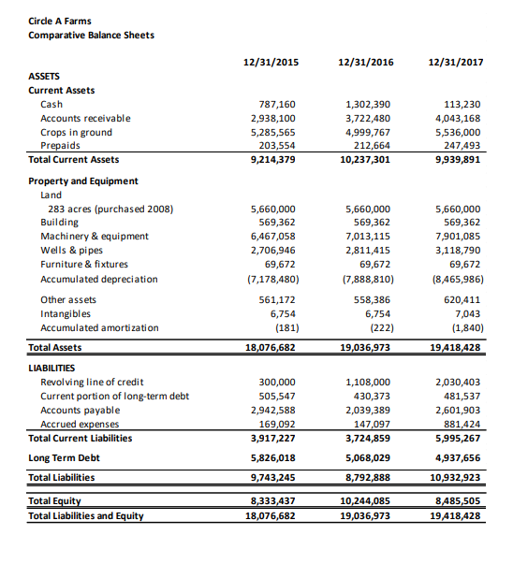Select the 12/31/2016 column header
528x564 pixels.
click(x=364, y=63)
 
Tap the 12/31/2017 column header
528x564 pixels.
click(x=454, y=63)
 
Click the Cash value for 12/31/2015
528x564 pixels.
click(x=276, y=105)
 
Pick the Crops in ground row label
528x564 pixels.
click(x=77, y=132)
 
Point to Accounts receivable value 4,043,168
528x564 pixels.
click(x=458, y=118)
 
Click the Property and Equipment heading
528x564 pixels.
click(x=83, y=181)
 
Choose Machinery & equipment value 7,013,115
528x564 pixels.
click(x=368, y=237)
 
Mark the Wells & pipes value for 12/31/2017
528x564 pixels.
click(x=458, y=251)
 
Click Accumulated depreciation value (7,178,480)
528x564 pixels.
click(x=272, y=279)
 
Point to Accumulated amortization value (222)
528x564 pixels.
click(x=377, y=328)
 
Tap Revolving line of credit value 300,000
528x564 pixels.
click(x=276, y=383)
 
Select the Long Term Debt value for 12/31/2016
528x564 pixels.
click(x=368, y=458)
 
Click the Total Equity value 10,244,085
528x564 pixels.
click(x=365, y=501)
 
